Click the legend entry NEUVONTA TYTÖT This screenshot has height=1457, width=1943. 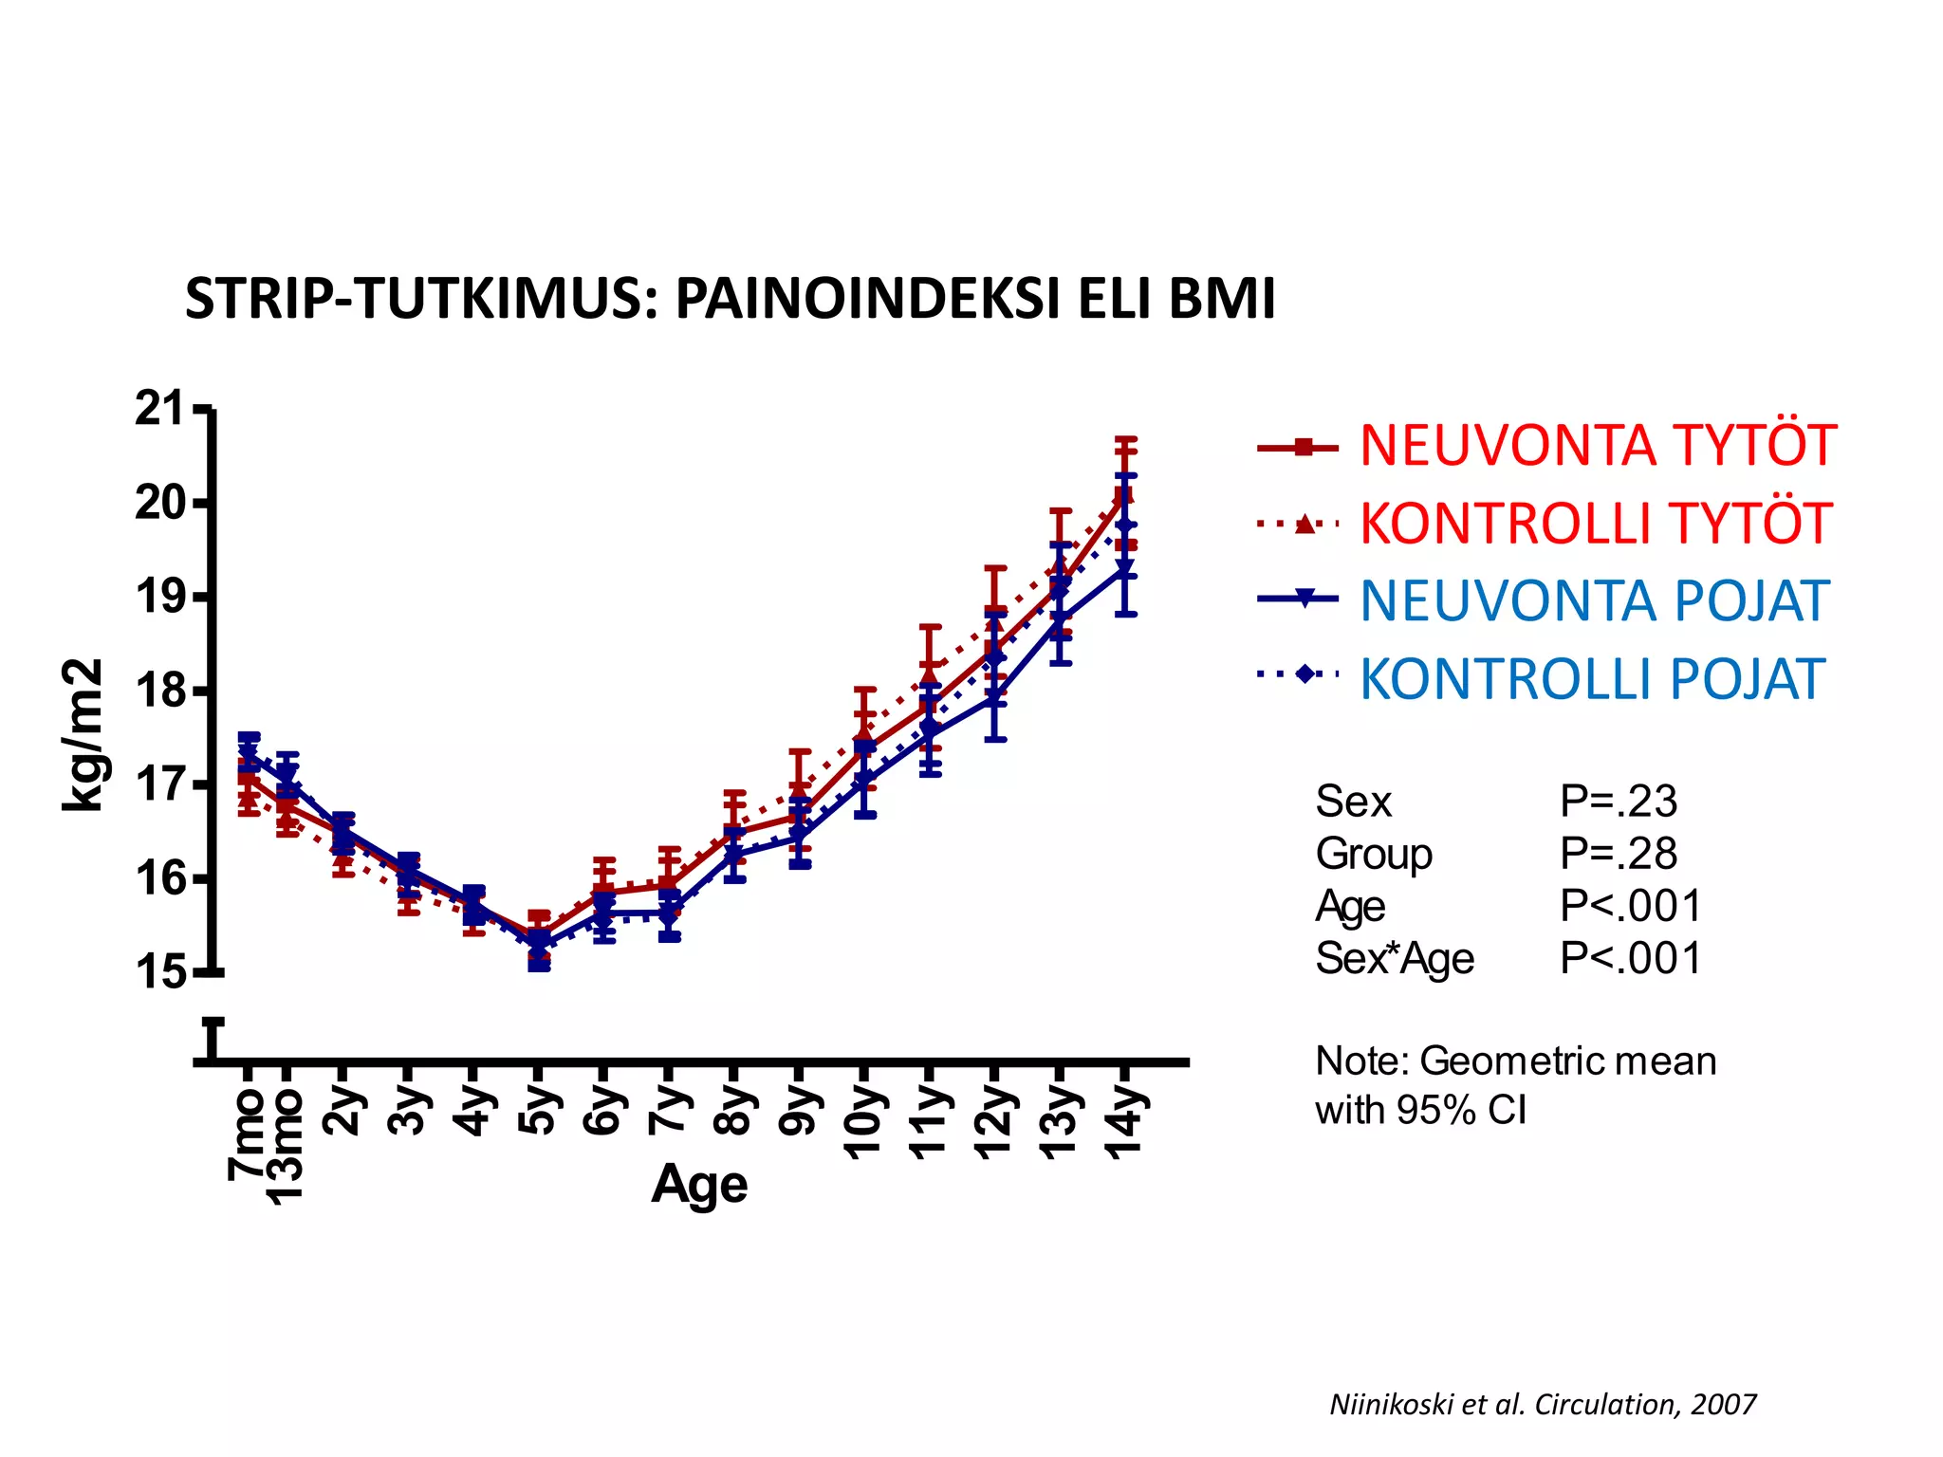(x=1598, y=446)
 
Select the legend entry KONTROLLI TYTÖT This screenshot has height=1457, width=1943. (x=1595, y=524)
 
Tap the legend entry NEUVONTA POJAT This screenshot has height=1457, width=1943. (x=1594, y=601)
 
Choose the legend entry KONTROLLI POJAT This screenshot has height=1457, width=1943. (x=1592, y=679)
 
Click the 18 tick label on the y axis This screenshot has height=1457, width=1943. (x=159, y=691)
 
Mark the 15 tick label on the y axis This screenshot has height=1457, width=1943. (x=159, y=972)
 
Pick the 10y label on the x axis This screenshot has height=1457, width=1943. (x=863, y=1123)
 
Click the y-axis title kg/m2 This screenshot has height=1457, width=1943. (x=83, y=734)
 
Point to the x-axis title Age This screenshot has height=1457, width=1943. (x=699, y=1185)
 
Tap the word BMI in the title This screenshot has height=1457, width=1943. (x=1222, y=300)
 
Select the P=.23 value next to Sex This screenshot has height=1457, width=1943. (x=1619, y=802)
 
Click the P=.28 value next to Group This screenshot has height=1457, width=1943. (x=1619, y=855)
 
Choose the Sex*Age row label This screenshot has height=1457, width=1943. (x=1395, y=959)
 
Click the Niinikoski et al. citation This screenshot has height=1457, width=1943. (x=1543, y=1405)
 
